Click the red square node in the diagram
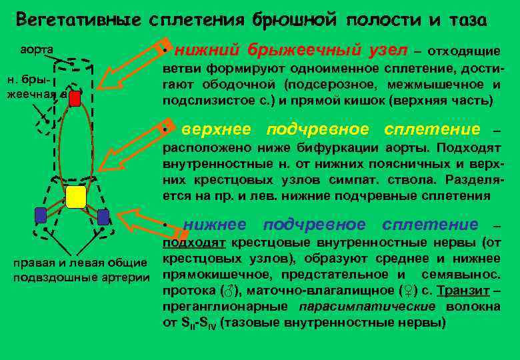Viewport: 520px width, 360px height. pyautogui.click(x=75, y=99)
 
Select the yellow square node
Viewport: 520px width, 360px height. pyautogui.click(x=76, y=197)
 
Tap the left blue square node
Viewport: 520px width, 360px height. pyautogui.click(x=40, y=215)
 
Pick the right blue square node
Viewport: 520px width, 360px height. pyautogui.click(x=103, y=217)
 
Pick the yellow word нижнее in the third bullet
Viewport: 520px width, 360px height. pyautogui.click(x=215, y=225)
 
